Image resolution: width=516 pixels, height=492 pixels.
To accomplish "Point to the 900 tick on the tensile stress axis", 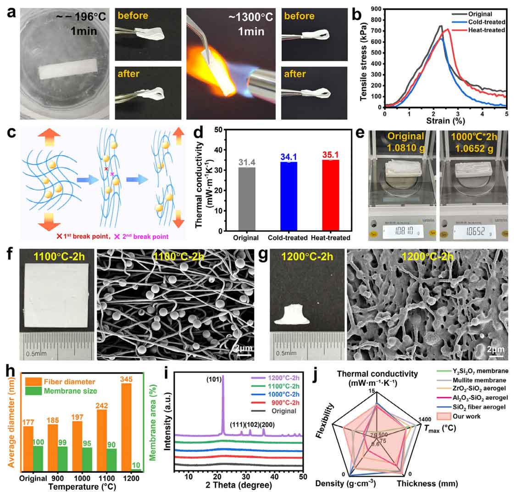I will coord(377,9).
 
